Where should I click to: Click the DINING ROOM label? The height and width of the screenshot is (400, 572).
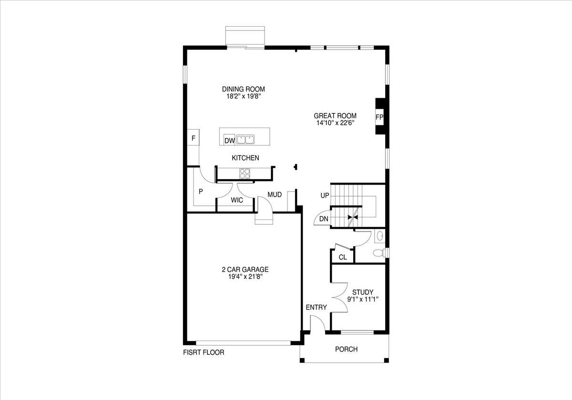click(x=243, y=89)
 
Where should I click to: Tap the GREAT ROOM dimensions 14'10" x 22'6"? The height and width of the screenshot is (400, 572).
click(x=335, y=123)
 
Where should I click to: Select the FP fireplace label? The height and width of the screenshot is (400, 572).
click(x=379, y=117)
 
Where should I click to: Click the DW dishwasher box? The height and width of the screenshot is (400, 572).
click(x=230, y=140)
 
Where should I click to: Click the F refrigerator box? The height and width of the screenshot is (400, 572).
click(x=193, y=139)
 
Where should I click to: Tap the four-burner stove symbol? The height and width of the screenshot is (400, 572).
click(x=245, y=174)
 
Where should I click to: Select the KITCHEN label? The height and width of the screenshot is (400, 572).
click(x=245, y=158)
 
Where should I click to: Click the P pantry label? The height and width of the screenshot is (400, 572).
click(x=201, y=191)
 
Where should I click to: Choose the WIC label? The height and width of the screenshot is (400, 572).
click(x=237, y=200)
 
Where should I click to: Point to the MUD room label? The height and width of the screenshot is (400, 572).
click(x=274, y=195)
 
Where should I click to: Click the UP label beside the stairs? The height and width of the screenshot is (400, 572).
click(x=325, y=196)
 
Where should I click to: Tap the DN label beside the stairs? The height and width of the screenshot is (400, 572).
click(x=324, y=219)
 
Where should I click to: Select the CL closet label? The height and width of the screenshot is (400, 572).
click(x=342, y=258)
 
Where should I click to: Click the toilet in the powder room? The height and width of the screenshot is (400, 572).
click(x=378, y=253)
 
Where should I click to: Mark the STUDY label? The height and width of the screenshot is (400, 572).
click(x=362, y=292)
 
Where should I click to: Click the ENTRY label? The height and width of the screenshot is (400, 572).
click(x=317, y=308)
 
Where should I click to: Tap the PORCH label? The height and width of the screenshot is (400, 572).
click(x=346, y=350)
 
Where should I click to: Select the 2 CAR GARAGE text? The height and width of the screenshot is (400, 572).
click(x=245, y=269)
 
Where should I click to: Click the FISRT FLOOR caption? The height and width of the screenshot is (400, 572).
click(x=204, y=353)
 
